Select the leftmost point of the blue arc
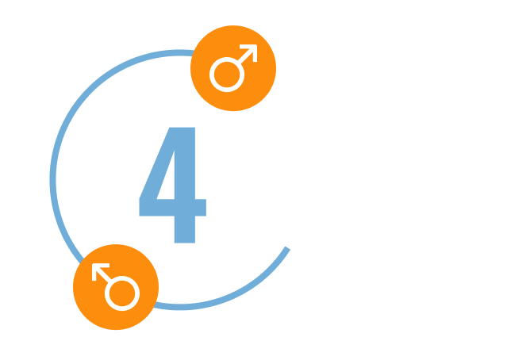pos(53,179)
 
